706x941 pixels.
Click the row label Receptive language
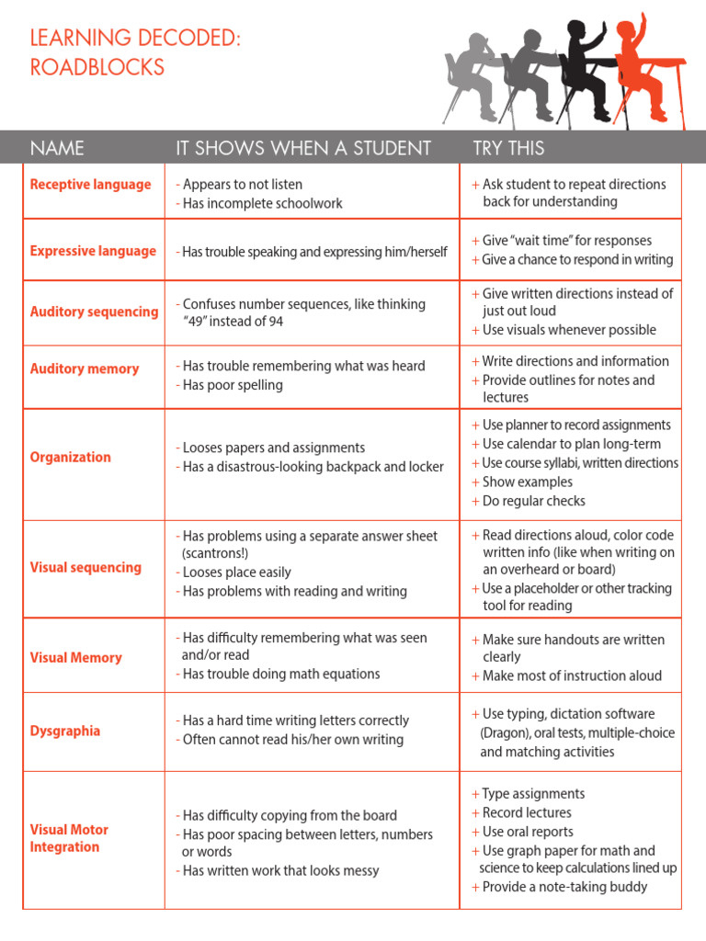pos(90,185)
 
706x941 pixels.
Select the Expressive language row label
pos(93,251)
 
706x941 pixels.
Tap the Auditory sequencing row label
pos(94,312)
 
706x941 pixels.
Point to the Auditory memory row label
pos(85,368)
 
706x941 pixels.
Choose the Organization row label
pos(70,457)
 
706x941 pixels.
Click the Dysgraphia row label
pos(65,731)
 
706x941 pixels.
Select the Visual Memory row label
pos(75,657)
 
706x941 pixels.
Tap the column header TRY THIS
pos(508,148)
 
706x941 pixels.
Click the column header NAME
pos(57,148)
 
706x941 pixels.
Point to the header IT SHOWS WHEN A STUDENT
pos(303,148)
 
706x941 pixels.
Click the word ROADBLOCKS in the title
pos(97,67)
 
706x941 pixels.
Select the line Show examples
pos(527,482)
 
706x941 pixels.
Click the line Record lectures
pos(527,812)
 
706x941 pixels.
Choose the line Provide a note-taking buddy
pos(564,887)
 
